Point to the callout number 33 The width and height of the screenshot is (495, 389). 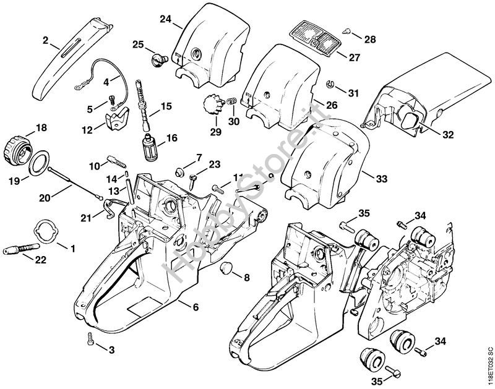pyautogui.click(x=382, y=179)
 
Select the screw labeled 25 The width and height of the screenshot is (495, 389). pyautogui.click(x=158, y=59)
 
